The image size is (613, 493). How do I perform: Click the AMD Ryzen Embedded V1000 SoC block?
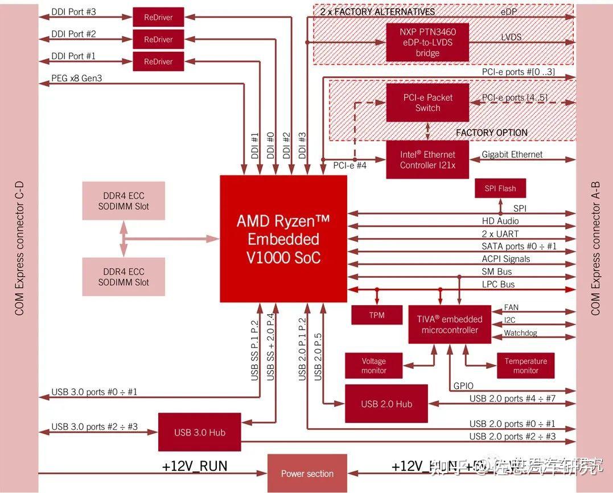pos(283,239)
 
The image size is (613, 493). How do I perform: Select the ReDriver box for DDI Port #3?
pos(158,17)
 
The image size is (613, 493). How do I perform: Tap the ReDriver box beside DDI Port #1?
pos(158,61)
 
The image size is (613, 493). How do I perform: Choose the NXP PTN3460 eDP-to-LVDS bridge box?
pos(427,42)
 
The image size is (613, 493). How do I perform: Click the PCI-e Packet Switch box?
pos(427,102)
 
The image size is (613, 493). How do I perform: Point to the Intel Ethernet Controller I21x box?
pos(427,160)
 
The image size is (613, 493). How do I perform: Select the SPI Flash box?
pos(500,188)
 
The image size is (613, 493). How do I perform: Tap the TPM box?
pos(377,315)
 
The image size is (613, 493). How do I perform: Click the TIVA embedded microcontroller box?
pos(450,324)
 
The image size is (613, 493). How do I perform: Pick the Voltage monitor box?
pos(373,365)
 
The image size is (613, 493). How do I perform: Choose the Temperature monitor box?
pos(525,365)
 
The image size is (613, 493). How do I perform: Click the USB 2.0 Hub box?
pos(386,404)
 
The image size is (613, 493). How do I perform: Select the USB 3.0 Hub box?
pos(199,432)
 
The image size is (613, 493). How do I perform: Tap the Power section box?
pos(307,473)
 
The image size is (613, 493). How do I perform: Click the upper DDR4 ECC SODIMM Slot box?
pos(124,201)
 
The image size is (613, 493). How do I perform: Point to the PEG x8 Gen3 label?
pos(77,78)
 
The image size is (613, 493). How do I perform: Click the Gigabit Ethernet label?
pos(512,154)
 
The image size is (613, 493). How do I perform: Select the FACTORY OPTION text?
pos(492,132)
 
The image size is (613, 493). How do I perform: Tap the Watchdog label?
pos(520,333)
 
